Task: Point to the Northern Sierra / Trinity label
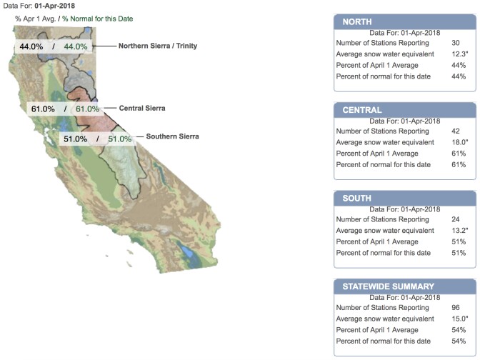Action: click(x=158, y=46)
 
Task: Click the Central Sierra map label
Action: click(x=141, y=109)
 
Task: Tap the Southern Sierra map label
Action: click(x=171, y=136)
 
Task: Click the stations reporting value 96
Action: click(x=456, y=307)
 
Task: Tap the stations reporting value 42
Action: click(x=456, y=131)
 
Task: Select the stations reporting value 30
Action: click(x=456, y=43)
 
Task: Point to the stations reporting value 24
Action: click(x=456, y=219)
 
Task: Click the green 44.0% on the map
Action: click(x=76, y=46)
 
